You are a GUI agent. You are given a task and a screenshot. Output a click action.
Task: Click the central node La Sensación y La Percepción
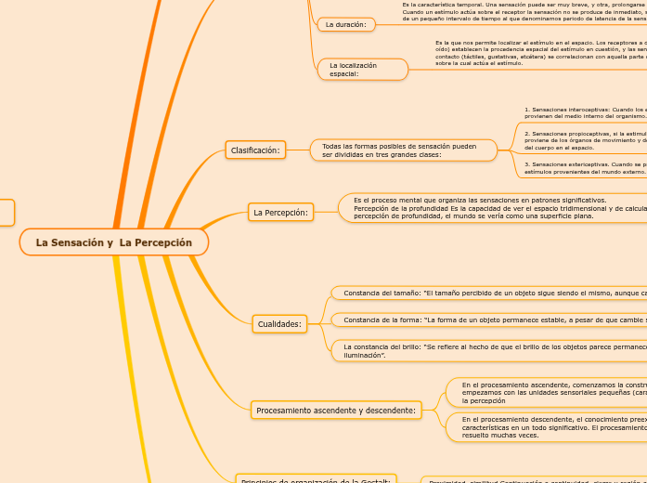tap(113, 242)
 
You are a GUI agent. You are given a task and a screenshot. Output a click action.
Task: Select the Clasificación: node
tap(255, 150)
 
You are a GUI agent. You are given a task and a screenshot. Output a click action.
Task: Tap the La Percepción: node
tap(280, 213)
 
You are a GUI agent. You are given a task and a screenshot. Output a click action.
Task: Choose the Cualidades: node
tap(279, 324)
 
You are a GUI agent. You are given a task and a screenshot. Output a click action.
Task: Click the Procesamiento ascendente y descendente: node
tap(336, 410)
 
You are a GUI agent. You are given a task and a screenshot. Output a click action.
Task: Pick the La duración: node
tap(345, 24)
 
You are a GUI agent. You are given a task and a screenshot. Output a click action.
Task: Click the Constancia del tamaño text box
tap(492, 293)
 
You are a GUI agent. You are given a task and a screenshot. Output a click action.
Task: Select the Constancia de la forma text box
tap(492, 320)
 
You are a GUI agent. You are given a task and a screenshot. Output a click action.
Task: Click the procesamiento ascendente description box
tap(548, 391)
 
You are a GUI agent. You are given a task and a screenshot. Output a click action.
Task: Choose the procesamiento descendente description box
tap(548, 427)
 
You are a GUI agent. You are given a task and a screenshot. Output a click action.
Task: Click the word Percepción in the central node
tap(156, 242)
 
